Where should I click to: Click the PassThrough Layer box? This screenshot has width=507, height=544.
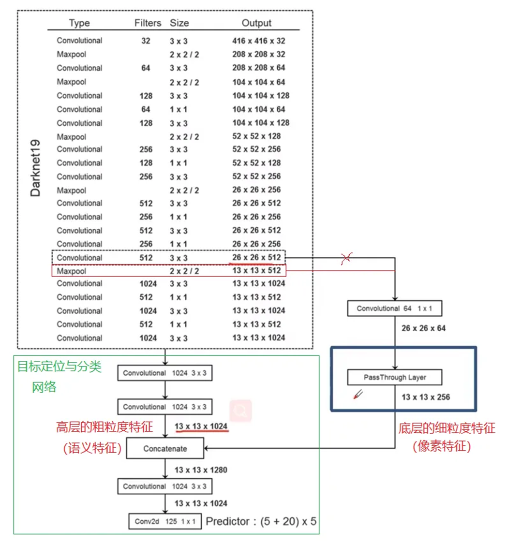coord(395,378)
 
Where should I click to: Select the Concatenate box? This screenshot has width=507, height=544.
coord(165,449)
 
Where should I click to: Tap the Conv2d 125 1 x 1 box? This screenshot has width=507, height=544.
coord(165,522)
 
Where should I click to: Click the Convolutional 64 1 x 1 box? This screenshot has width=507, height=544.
coord(395,309)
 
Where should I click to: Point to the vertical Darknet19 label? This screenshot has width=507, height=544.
coord(35,168)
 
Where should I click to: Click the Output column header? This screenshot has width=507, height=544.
coord(256,23)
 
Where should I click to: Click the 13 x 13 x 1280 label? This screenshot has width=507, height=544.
coord(201,470)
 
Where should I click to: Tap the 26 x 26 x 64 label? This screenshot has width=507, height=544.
coord(423,328)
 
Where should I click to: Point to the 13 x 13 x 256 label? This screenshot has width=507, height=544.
coord(426,397)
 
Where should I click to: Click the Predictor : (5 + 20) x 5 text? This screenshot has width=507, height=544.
coord(261,522)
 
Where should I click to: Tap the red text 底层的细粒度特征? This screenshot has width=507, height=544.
coord(447,428)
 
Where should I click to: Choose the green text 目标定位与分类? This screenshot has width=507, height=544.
coord(60,367)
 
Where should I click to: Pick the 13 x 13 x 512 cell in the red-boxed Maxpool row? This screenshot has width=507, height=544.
coord(256,271)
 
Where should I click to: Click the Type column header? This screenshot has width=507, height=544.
coord(79,23)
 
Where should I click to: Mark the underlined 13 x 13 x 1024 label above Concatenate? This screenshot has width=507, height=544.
coord(201,426)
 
